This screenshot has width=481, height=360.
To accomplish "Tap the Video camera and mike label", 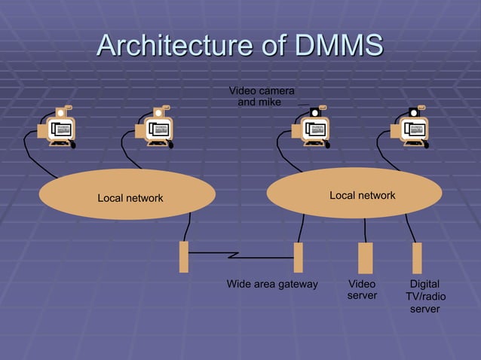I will (x=261, y=96).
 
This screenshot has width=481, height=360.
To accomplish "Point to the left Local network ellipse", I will (x=127, y=194).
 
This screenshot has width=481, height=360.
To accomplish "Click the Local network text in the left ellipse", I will (x=130, y=199).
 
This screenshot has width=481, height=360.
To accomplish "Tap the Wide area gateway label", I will (x=272, y=285).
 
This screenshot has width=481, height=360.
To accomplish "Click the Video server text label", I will (x=362, y=290).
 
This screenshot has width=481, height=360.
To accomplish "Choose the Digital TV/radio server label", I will (x=424, y=296).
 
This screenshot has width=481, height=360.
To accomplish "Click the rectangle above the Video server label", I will (x=365, y=258).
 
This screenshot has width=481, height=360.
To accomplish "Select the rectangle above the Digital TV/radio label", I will (x=417, y=258).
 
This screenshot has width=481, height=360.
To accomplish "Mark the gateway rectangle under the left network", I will (x=183, y=257).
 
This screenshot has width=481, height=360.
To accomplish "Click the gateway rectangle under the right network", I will (x=298, y=258).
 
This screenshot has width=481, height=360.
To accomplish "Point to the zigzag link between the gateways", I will (x=240, y=255).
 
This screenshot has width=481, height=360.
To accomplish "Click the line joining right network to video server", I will (x=365, y=230).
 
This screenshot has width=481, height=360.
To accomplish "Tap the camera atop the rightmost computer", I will (x=414, y=112).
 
